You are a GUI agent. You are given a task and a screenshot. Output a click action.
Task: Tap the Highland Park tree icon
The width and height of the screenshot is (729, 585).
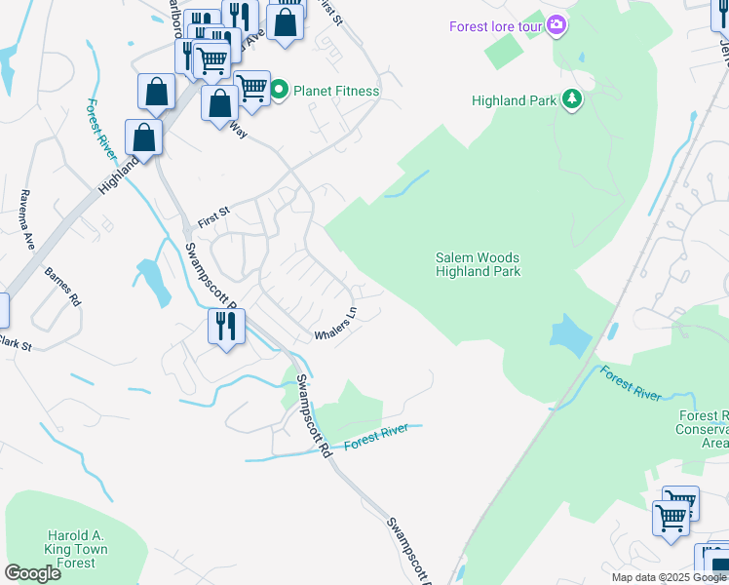click(571, 99)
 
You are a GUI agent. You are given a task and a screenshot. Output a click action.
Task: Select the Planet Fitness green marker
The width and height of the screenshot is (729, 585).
click(279, 91)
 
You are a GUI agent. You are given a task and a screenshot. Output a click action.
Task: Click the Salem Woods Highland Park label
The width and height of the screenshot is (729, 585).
click(478, 264)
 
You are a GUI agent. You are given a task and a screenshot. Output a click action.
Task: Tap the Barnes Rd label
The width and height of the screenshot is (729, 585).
click(61, 289)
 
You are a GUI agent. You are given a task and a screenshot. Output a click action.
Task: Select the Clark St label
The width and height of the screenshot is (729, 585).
click(15, 343)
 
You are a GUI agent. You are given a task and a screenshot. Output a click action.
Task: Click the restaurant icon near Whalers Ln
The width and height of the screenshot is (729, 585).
click(226, 326)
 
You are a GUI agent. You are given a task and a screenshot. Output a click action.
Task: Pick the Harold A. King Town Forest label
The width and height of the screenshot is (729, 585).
click(75, 549)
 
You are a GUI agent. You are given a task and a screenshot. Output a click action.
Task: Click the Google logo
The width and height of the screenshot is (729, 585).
click(32, 573)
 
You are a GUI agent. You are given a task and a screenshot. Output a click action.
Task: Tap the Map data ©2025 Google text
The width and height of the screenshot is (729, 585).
click(668, 577)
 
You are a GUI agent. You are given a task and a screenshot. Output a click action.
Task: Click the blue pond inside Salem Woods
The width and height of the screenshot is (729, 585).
click(570, 334)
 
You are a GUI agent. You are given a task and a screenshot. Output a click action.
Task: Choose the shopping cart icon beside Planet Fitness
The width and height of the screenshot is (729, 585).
click(251, 87)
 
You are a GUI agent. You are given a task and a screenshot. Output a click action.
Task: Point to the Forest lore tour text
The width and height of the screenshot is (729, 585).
click(494, 26)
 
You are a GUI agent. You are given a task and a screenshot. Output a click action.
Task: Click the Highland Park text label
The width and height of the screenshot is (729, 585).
click(514, 99)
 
